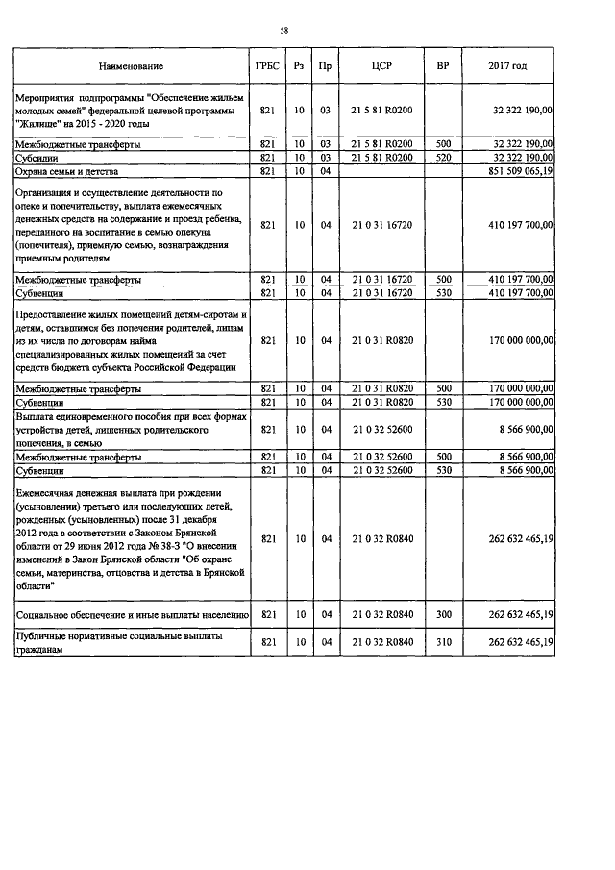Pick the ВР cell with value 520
point(443,157)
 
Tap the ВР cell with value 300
point(443,613)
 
